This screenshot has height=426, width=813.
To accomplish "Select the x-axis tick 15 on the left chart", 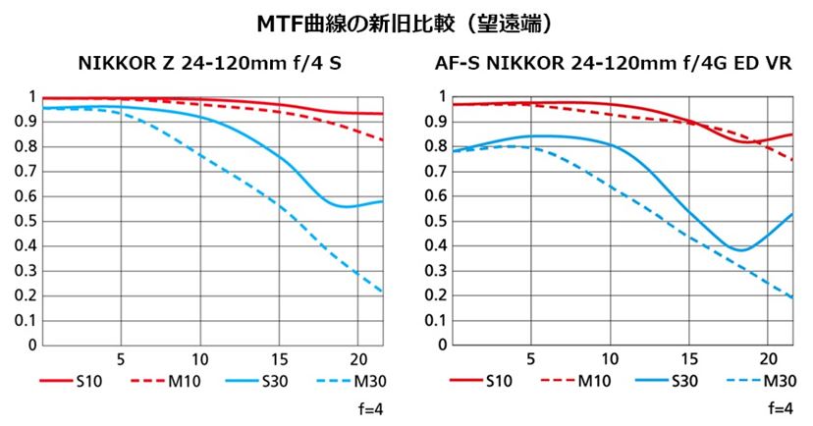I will tap(281, 358).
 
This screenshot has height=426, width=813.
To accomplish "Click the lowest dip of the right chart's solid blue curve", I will tap(740, 249).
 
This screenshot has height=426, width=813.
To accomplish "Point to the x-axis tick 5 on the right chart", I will tap(530, 358).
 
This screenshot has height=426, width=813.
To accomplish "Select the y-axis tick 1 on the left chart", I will tap(32, 96).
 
